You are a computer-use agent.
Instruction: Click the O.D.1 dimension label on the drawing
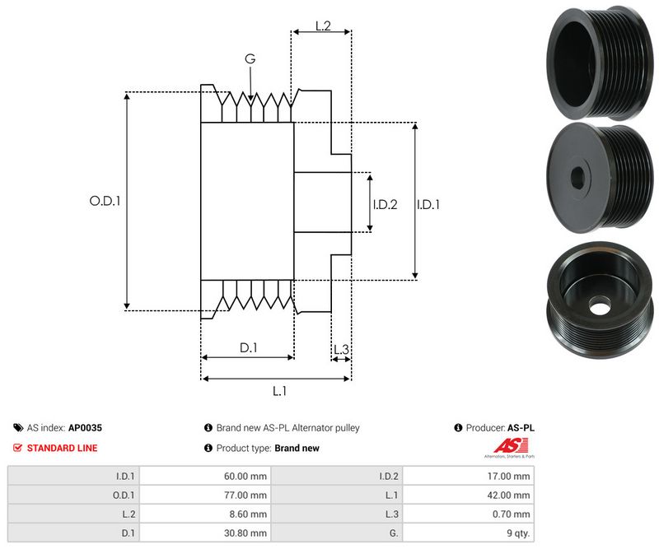coord(105,200)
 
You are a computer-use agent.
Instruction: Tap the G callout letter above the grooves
coord(250,59)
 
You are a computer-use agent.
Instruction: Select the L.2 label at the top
coord(322,26)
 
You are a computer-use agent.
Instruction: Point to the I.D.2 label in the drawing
coord(385,204)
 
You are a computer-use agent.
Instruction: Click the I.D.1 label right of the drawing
coord(428,204)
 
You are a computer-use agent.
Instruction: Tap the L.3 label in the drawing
coord(341,351)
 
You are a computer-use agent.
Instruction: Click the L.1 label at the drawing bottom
coord(278,391)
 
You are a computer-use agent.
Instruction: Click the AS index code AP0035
coord(85,428)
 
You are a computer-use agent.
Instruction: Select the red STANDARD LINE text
coord(62,448)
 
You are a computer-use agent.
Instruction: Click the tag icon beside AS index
coord(18,428)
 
